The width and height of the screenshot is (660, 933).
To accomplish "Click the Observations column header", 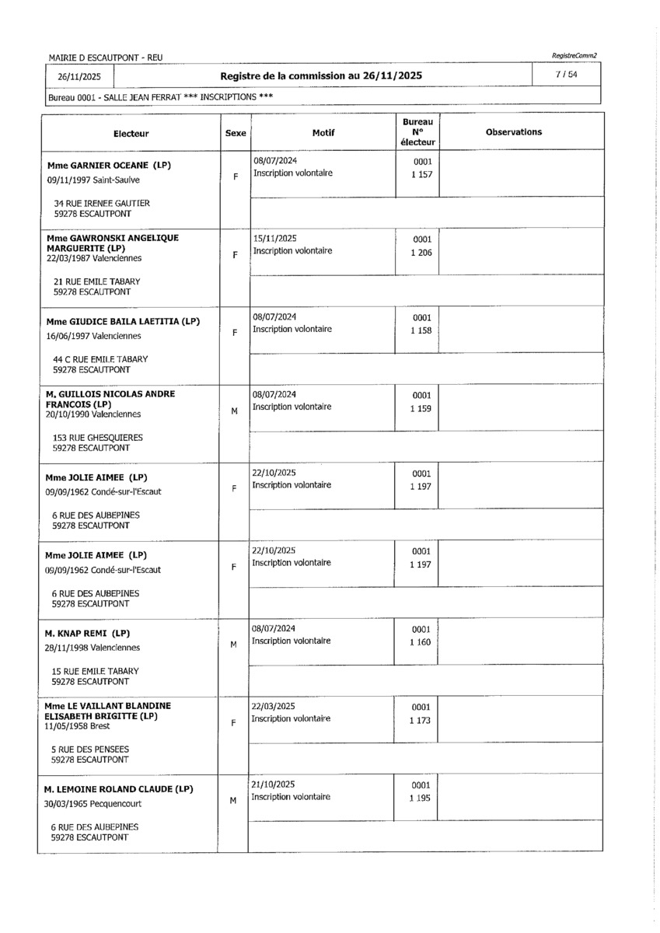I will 514,132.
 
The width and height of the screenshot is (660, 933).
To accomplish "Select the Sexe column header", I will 236,133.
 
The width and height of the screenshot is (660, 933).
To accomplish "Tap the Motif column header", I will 323,133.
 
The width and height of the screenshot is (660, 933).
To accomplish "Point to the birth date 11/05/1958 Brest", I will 78,726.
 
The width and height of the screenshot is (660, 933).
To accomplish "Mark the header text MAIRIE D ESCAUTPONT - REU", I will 105,58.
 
